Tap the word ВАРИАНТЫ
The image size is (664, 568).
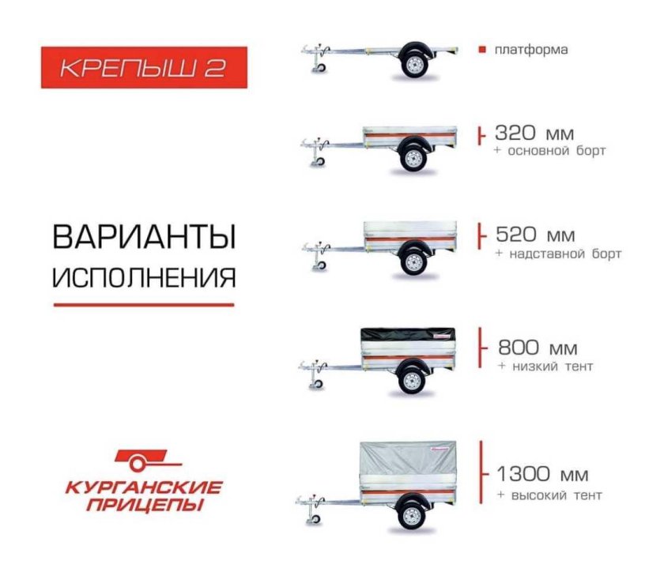point(144,238)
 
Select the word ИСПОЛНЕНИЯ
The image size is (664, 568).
point(144,277)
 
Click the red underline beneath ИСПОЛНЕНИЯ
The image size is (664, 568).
point(144,304)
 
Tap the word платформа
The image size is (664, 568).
point(531,51)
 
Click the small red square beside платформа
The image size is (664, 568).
point(481,51)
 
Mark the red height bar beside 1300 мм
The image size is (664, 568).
point(481,472)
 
